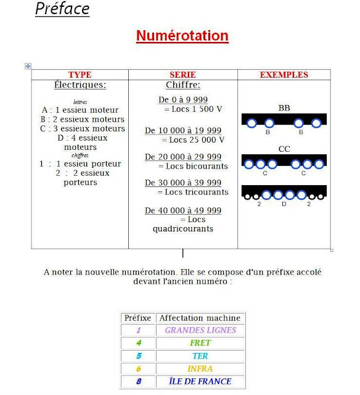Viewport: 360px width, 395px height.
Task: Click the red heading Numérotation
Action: click(x=182, y=36)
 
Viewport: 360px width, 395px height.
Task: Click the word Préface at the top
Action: click(x=62, y=9)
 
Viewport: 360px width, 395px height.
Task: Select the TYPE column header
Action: click(x=80, y=75)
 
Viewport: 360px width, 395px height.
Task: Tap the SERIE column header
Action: click(x=182, y=75)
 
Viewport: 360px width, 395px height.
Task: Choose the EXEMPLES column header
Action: click(x=284, y=75)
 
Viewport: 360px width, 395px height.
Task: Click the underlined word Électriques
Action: click(x=80, y=85)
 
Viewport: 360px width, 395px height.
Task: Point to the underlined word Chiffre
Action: click(x=183, y=85)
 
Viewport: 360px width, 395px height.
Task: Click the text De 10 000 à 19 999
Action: click(x=183, y=131)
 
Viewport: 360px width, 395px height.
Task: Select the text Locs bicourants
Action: click(x=193, y=166)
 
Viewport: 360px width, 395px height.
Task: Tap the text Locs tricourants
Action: click(x=193, y=192)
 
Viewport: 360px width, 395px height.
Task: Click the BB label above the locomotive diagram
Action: click(x=284, y=108)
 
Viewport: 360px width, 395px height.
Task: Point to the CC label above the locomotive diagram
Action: click(x=284, y=149)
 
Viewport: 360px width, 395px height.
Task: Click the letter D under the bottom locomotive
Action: click(x=284, y=203)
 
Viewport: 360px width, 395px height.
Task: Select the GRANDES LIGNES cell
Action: click(x=200, y=330)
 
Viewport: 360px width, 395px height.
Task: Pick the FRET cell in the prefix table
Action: click(x=200, y=343)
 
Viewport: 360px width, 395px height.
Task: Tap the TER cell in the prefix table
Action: click(x=200, y=356)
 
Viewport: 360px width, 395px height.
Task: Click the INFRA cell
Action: click(x=200, y=368)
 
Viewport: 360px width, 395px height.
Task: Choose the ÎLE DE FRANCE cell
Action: click(x=200, y=381)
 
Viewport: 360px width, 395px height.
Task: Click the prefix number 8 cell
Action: click(x=138, y=381)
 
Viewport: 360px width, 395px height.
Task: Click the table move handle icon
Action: click(x=28, y=66)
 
